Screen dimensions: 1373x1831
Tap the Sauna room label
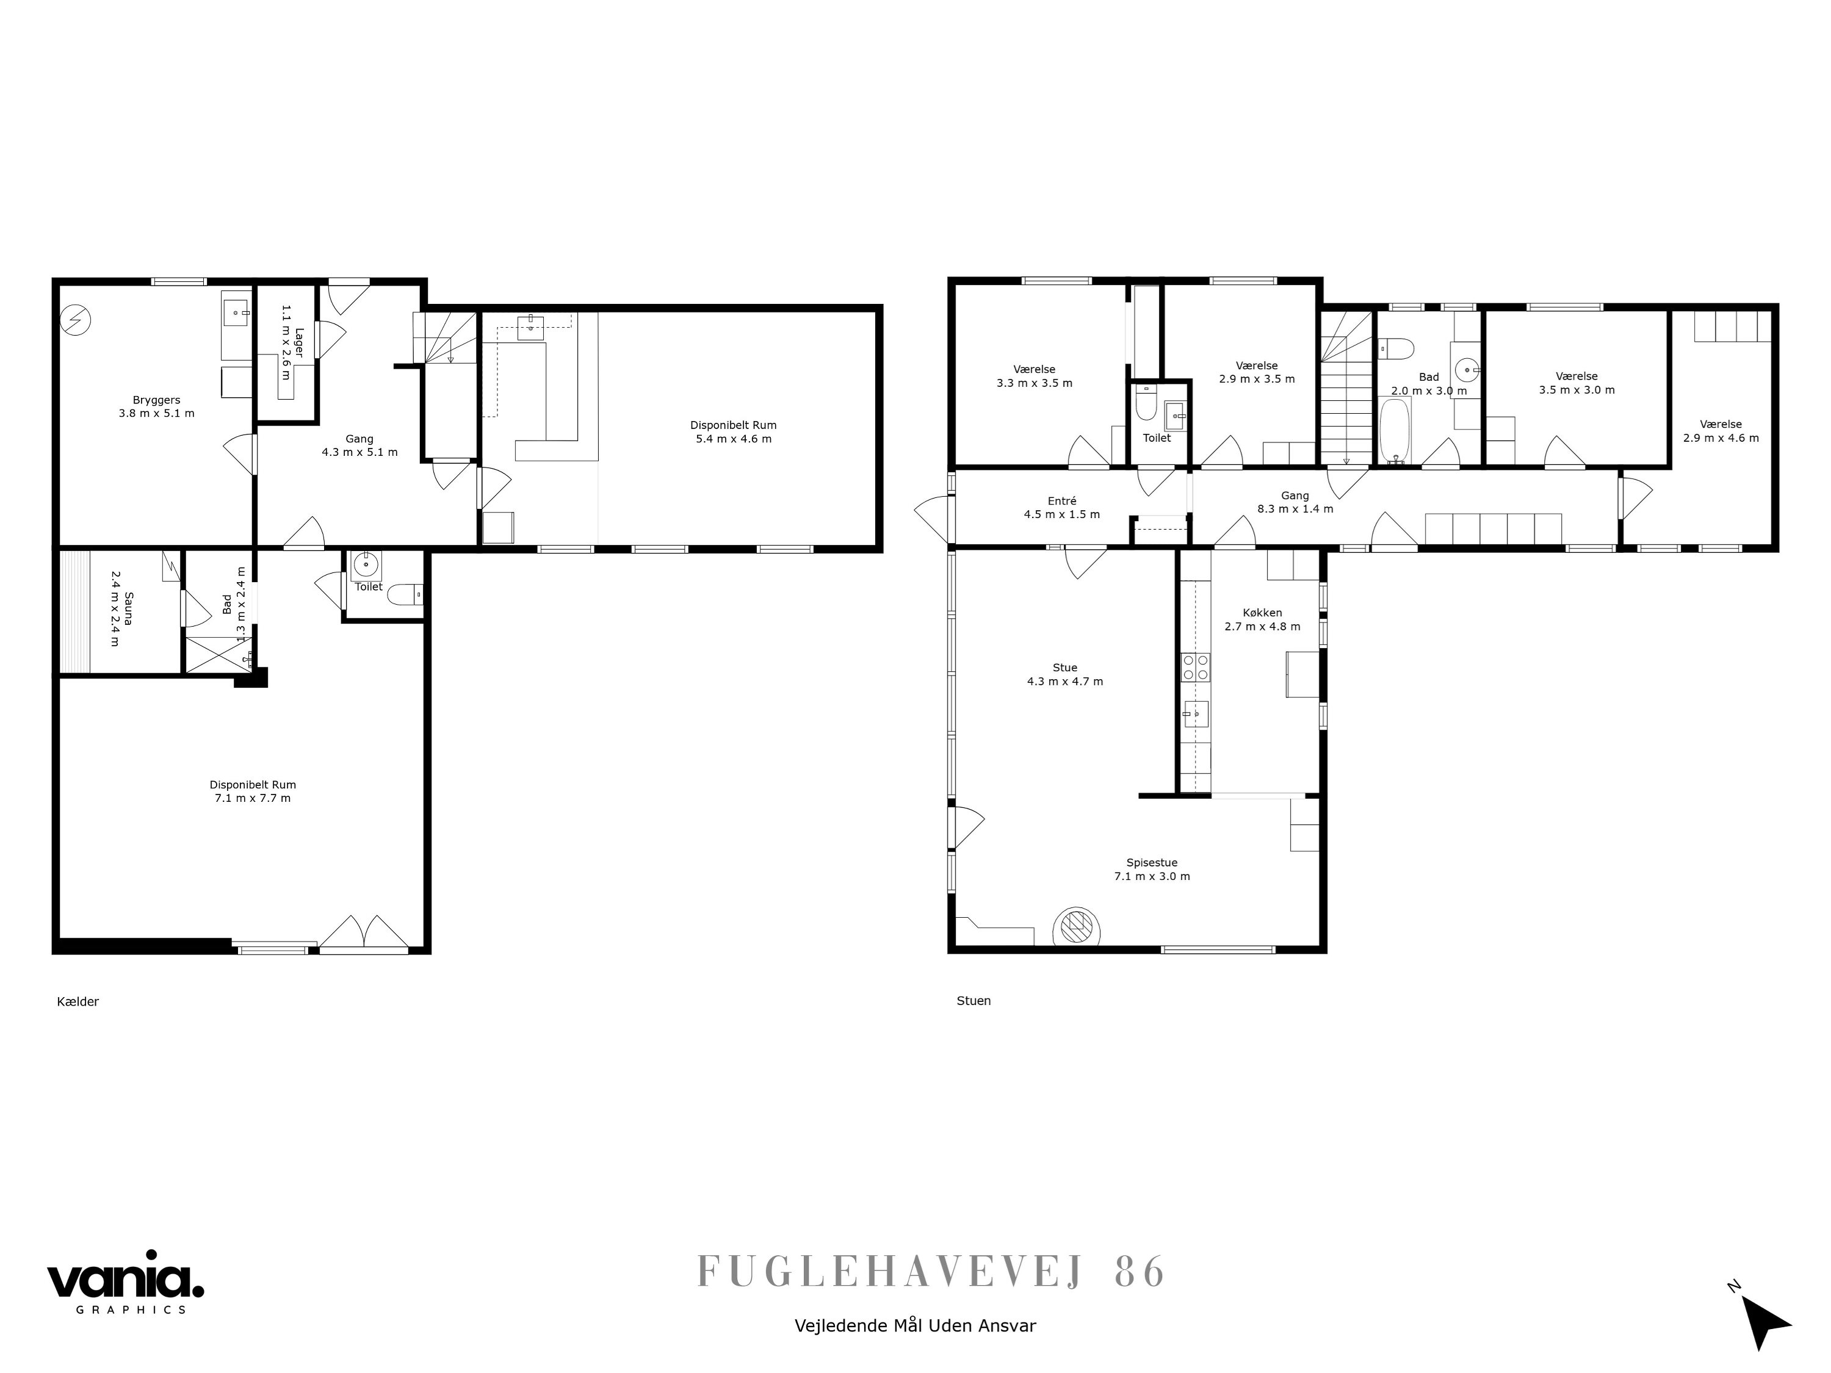(x=121, y=618)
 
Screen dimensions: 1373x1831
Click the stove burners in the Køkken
(x=1194, y=667)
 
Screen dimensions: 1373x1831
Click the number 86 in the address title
(x=1140, y=1272)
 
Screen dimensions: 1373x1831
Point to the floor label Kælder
(x=78, y=1001)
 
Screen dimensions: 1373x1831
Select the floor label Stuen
(x=973, y=1001)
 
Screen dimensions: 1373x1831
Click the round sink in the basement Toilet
(x=365, y=565)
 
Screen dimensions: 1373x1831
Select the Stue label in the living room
(x=1064, y=668)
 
